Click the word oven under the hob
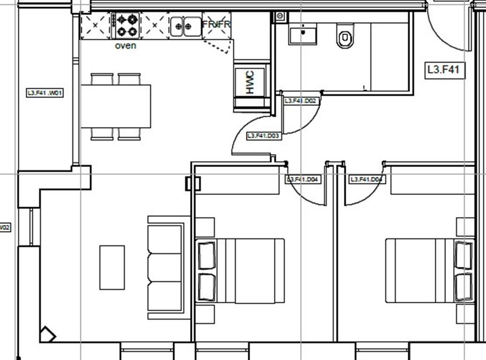125,46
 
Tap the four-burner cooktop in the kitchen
128,25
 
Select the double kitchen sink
185,26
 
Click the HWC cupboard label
250,82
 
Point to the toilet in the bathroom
345,37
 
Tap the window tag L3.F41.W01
45,93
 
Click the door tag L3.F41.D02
301,101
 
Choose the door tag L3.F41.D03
263,136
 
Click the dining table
116,106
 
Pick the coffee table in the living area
112,267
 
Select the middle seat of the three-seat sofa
165,267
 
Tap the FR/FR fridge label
216,24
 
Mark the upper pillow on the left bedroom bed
206,255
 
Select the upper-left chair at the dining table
102,79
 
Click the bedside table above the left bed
205,227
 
